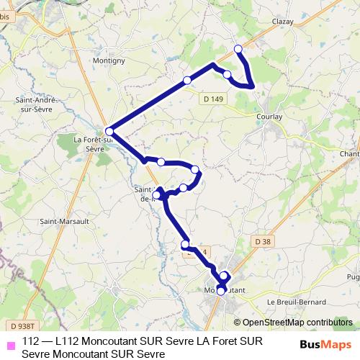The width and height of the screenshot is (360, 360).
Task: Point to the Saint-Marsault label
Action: [63, 221]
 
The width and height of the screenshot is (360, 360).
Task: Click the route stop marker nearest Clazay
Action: [239, 49]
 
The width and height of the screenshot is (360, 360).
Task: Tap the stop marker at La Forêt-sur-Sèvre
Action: [109, 131]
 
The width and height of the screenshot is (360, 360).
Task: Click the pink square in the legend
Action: [10, 344]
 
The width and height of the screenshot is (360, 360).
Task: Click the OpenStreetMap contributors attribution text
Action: [297, 322]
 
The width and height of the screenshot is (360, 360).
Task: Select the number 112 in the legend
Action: [31, 341]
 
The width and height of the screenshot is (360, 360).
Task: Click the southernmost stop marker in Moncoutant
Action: [221, 292]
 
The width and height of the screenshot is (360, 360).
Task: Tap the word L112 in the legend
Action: [67, 341]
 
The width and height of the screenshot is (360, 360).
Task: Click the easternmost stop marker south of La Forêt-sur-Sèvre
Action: [195, 170]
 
